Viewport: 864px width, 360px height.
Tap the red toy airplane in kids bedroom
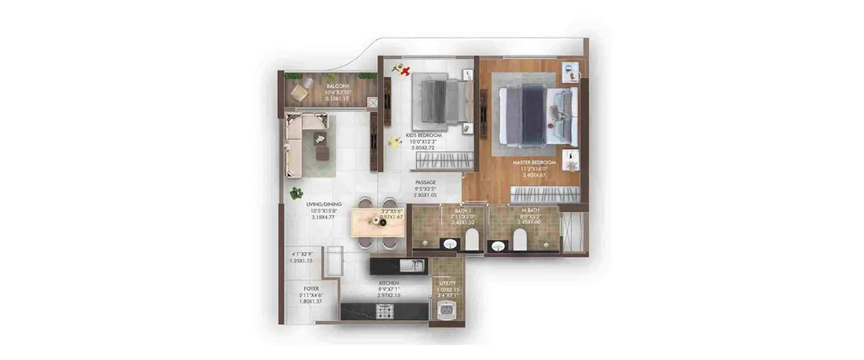[x=405, y=71]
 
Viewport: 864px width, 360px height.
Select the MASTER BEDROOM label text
[x=534, y=163]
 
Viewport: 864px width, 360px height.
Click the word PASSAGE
[x=426, y=182]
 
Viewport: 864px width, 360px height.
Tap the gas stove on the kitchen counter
[x=384, y=312]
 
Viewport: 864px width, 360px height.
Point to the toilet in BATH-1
[x=472, y=240]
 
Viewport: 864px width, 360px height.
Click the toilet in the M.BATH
[x=520, y=240]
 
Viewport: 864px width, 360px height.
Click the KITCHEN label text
[x=389, y=283]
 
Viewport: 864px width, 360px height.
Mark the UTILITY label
[x=448, y=283]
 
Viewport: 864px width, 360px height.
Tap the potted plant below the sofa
[x=296, y=193]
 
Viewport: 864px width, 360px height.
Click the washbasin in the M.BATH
[x=498, y=246]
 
